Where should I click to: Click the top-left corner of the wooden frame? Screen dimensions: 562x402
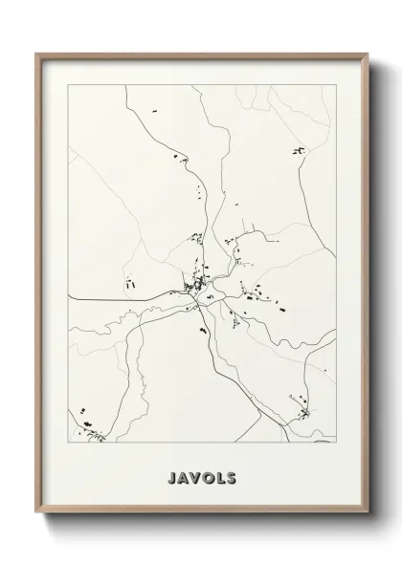(37, 54)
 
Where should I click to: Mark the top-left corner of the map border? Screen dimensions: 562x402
(68, 85)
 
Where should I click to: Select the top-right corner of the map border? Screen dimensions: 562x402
(336, 85)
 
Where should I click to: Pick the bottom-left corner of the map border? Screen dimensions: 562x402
(68, 443)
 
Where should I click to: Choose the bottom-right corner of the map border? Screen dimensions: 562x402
(336, 443)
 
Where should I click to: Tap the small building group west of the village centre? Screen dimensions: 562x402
(127, 281)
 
